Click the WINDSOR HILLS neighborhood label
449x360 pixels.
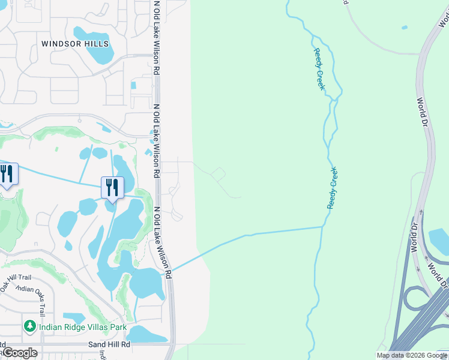[x=76, y=44]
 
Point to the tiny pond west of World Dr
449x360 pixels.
[x=405, y=27]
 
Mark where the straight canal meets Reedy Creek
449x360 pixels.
[x=324, y=227]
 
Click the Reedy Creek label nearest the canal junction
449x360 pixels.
[x=333, y=188]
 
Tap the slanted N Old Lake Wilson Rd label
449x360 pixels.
[x=163, y=242]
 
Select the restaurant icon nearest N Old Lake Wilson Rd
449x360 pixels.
[x=112, y=188]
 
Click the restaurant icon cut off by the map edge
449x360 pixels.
[x=7, y=175]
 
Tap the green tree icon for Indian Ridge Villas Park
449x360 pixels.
[x=29, y=326]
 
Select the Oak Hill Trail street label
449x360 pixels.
[x=16, y=277]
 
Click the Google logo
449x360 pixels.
[x=20, y=352]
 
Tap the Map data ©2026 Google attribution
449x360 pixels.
[x=412, y=356]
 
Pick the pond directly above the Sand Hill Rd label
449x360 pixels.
[x=144, y=334]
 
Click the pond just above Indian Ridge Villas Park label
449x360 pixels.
[x=75, y=317]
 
